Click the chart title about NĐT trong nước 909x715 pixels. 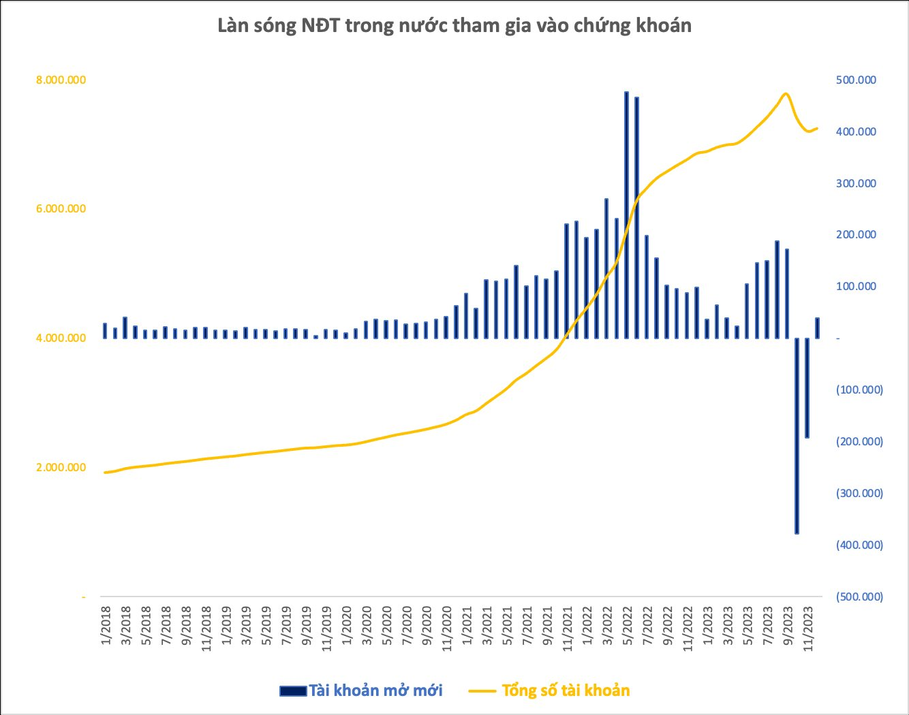click(454, 26)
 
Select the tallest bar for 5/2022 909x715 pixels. click(626, 214)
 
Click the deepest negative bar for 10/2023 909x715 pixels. click(797, 436)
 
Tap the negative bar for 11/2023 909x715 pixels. click(807, 387)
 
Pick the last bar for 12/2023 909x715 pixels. click(817, 328)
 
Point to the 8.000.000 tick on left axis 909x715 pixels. click(61, 80)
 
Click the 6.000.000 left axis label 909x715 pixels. click(61, 208)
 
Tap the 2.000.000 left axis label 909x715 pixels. click(61, 467)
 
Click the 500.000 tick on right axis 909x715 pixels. click(856, 80)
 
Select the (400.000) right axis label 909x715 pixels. click(859, 545)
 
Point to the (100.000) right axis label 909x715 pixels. click(859, 390)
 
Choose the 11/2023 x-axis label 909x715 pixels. click(807, 627)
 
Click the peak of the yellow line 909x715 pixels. click(786, 94)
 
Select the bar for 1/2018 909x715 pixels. click(105, 330)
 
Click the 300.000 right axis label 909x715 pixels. click(856, 183)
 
